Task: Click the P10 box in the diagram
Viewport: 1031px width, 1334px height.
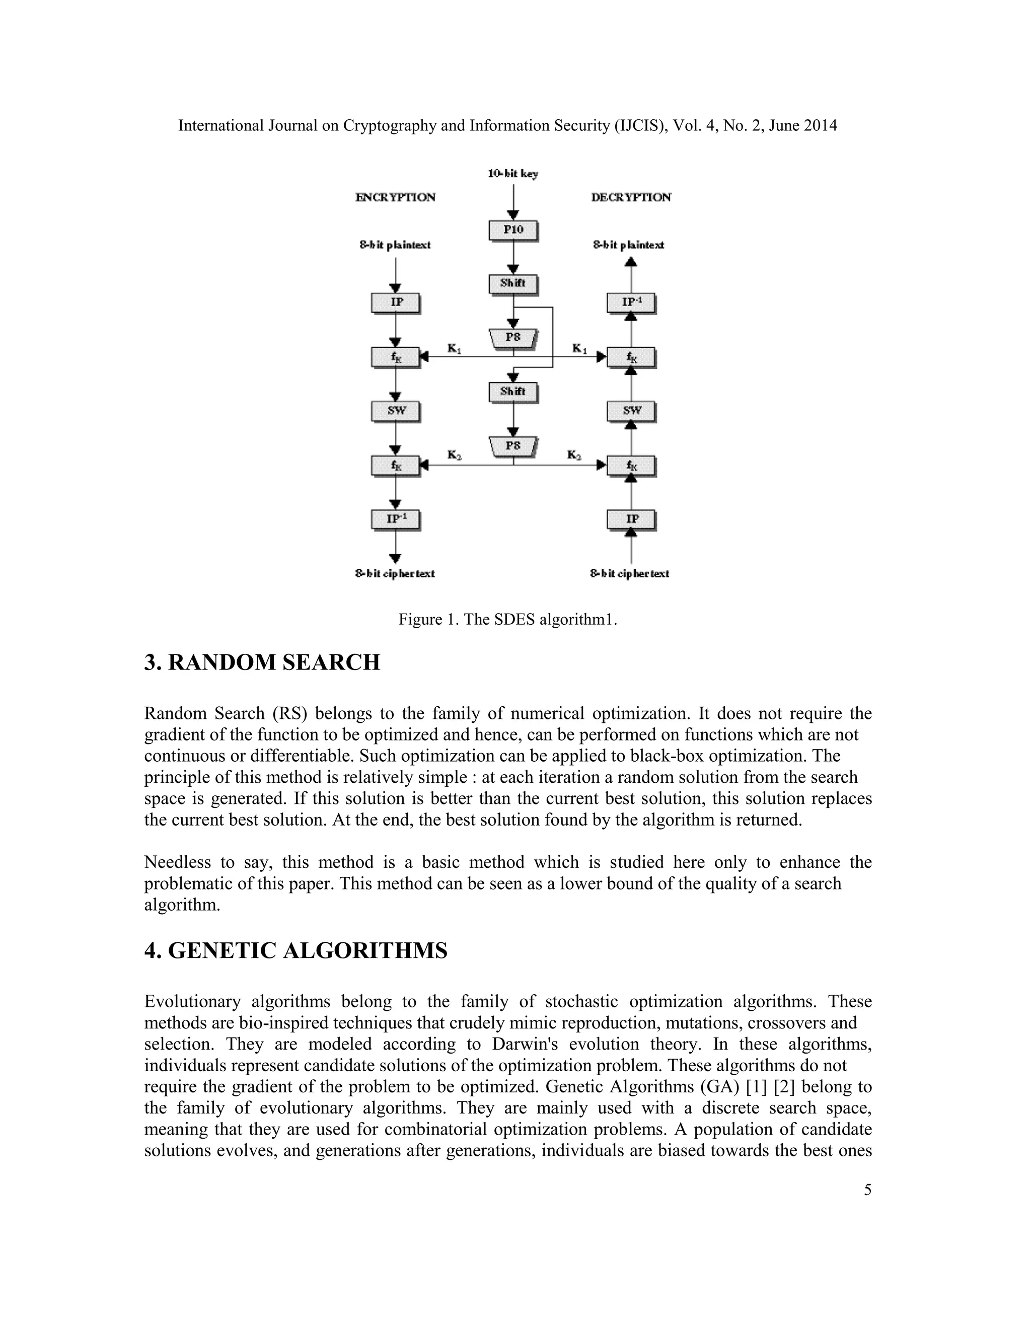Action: (513, 230)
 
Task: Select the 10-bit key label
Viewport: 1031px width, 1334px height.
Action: (512, 174)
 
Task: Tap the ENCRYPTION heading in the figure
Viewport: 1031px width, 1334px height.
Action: (395, 197)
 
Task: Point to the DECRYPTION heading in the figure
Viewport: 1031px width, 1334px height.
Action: (631, 197)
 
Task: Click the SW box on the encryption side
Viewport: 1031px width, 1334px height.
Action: (396, 410)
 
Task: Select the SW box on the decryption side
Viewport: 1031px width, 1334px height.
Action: (631, 410)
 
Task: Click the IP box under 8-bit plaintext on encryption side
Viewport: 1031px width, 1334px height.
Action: (396, 303)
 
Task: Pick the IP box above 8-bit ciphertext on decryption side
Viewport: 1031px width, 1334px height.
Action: (631, 518)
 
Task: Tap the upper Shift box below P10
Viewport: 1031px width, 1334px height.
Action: (513, 283)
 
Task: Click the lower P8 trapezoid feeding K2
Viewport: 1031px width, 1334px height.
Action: (513, 447)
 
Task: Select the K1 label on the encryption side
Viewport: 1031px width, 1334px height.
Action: (454, 349)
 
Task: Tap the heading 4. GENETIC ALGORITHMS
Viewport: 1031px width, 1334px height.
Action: (296, 950)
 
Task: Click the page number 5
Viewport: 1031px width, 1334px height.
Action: (867, 1191)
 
